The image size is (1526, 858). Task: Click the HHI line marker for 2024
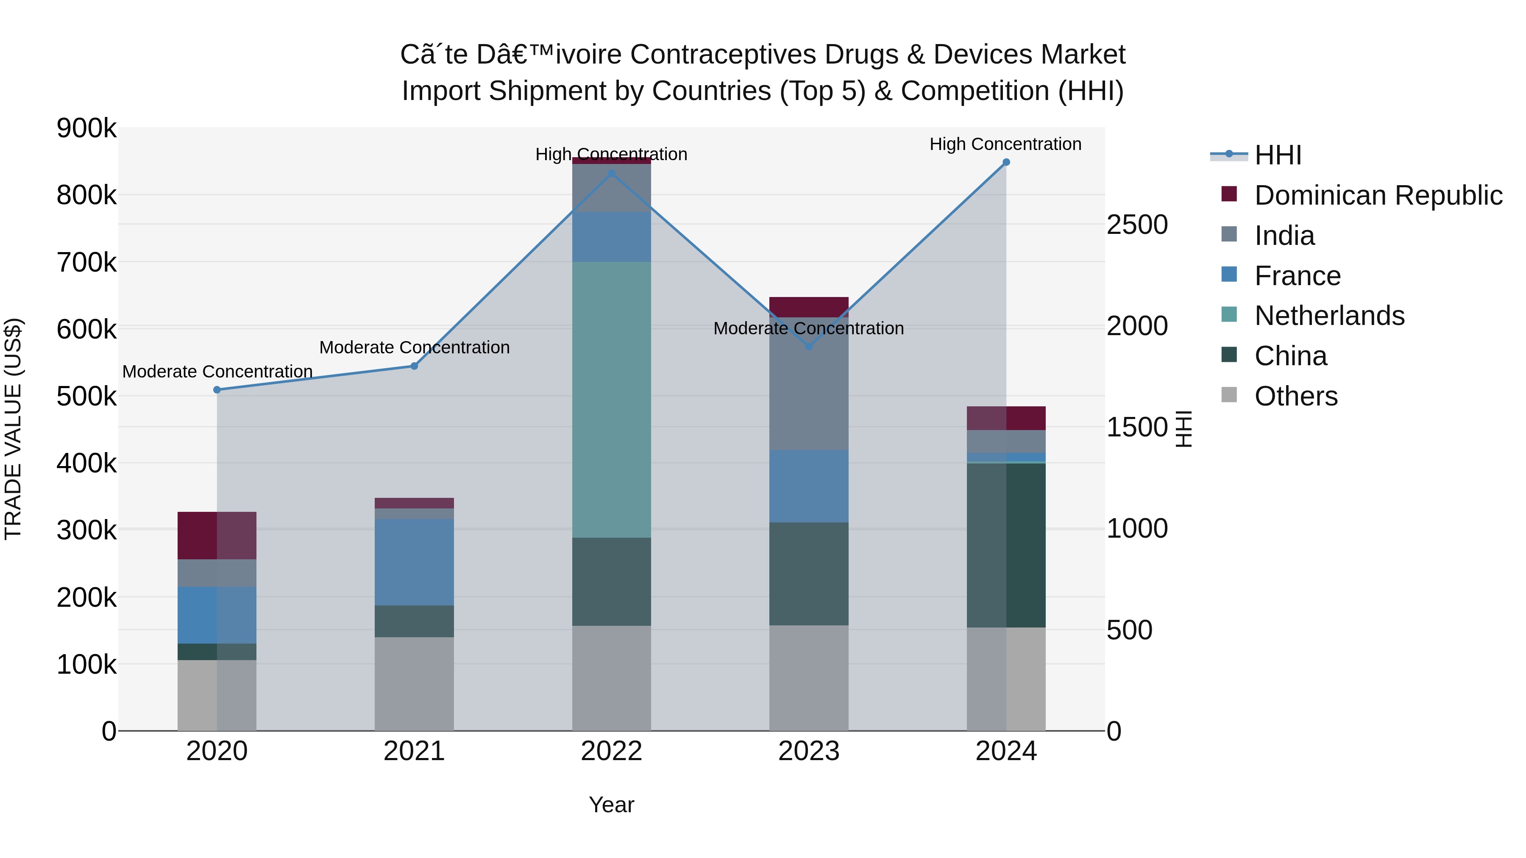[x=1006, y=162]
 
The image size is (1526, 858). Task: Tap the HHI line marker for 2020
[x=217, y=390]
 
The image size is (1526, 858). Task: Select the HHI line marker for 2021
[x=414, y=366]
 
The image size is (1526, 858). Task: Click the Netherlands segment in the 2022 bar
[x=611, y=400]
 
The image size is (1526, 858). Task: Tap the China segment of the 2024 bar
[x=1006, y=545]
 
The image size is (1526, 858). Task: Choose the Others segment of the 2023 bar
[x=809, y=678]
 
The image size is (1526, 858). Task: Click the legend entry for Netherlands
[x=1329, y=316]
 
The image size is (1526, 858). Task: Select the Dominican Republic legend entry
[x=1378, y=195]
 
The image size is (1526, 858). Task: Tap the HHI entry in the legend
[x=1278, y=155]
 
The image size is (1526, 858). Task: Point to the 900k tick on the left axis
[x=86, y=128]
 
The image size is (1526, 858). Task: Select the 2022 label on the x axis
[x=611, y=751]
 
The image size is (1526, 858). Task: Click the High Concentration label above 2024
[x=1005, y=144]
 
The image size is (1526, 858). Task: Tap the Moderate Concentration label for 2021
[x=414, y=347]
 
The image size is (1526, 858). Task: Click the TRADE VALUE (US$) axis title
[x=13, y=429]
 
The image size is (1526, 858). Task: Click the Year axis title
[x=611, y=805]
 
